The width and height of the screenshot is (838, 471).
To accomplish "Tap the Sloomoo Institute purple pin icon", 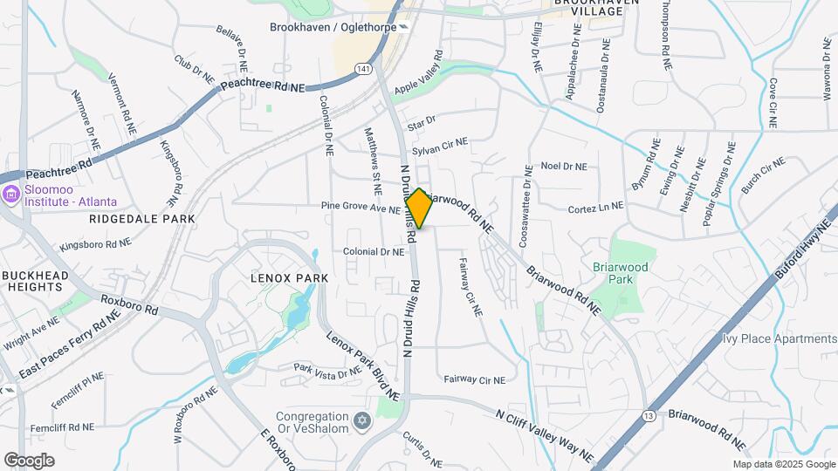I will [x=11, y=194].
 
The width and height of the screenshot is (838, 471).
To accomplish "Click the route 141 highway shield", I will [x=363, y=68].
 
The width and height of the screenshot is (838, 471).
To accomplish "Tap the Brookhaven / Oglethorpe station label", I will [x=332, y=27].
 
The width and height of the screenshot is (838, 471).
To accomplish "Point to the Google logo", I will [x=29, y=460].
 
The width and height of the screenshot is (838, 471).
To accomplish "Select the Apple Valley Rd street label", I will [x=418, y=78].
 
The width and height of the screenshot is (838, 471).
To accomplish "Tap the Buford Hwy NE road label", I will [x=801, y=254].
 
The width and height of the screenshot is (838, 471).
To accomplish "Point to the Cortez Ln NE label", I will [x=595, y=207].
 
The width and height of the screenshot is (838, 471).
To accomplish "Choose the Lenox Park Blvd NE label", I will [x=362, y=365].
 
